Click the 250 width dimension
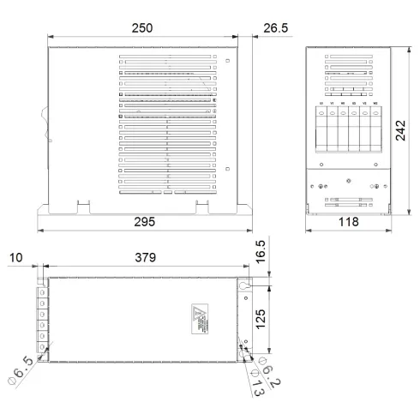click(143, 27)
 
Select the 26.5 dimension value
click(275, 27)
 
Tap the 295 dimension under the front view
click(144, 223)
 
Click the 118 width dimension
click(348, 223)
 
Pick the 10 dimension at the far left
click(17, 257)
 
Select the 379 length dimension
click(143, 257)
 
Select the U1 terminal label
click(321, 103)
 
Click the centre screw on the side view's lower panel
click(350, 181)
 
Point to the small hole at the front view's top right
click(226, 61)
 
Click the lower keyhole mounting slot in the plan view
click(243, 348)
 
